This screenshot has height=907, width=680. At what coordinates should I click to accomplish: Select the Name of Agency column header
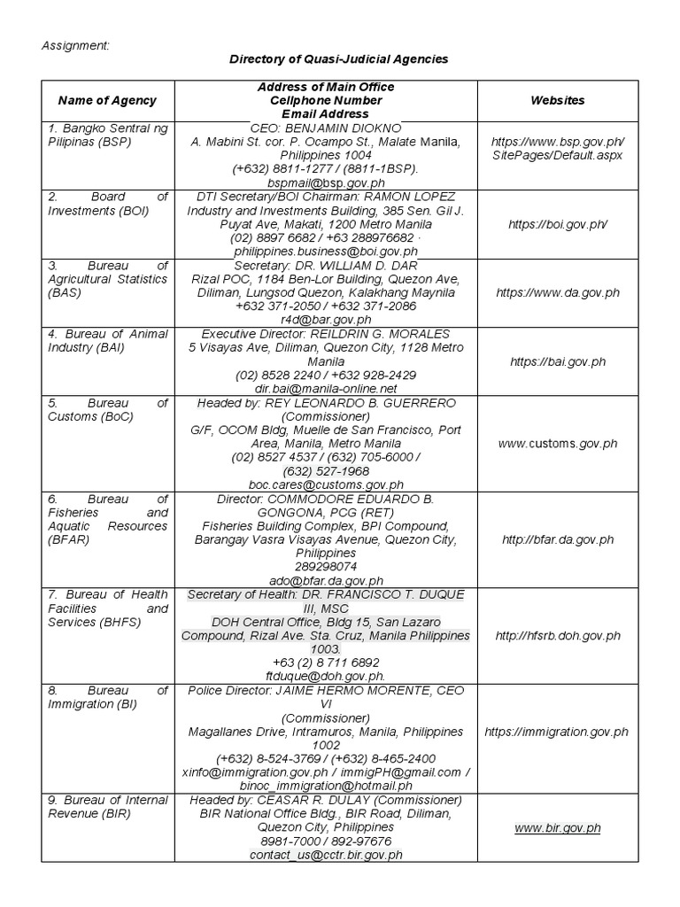[107, 101]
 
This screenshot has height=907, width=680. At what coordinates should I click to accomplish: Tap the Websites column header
[557, 101]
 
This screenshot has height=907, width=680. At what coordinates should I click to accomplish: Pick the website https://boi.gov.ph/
[557, 224]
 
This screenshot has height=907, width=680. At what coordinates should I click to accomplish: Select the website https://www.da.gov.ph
[557, 291]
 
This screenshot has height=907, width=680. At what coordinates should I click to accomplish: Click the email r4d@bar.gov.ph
[326, 320]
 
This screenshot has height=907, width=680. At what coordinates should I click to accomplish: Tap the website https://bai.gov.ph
[557, 361]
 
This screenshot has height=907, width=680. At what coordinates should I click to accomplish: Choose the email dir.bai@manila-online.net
[326, 388]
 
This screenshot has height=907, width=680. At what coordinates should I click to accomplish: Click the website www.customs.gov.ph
[557, 443]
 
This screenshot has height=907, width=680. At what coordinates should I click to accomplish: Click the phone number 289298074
[326, 567]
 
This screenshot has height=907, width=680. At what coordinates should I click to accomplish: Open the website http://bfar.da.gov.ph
[557, 539]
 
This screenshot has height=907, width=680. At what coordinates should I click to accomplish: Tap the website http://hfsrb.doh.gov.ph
[557, 635]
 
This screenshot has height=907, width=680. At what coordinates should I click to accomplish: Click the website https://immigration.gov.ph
[557, 732]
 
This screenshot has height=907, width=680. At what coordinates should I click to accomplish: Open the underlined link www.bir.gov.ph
[557, 828]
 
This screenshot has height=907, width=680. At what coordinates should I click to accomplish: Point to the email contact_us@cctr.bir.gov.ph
[326, 855]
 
